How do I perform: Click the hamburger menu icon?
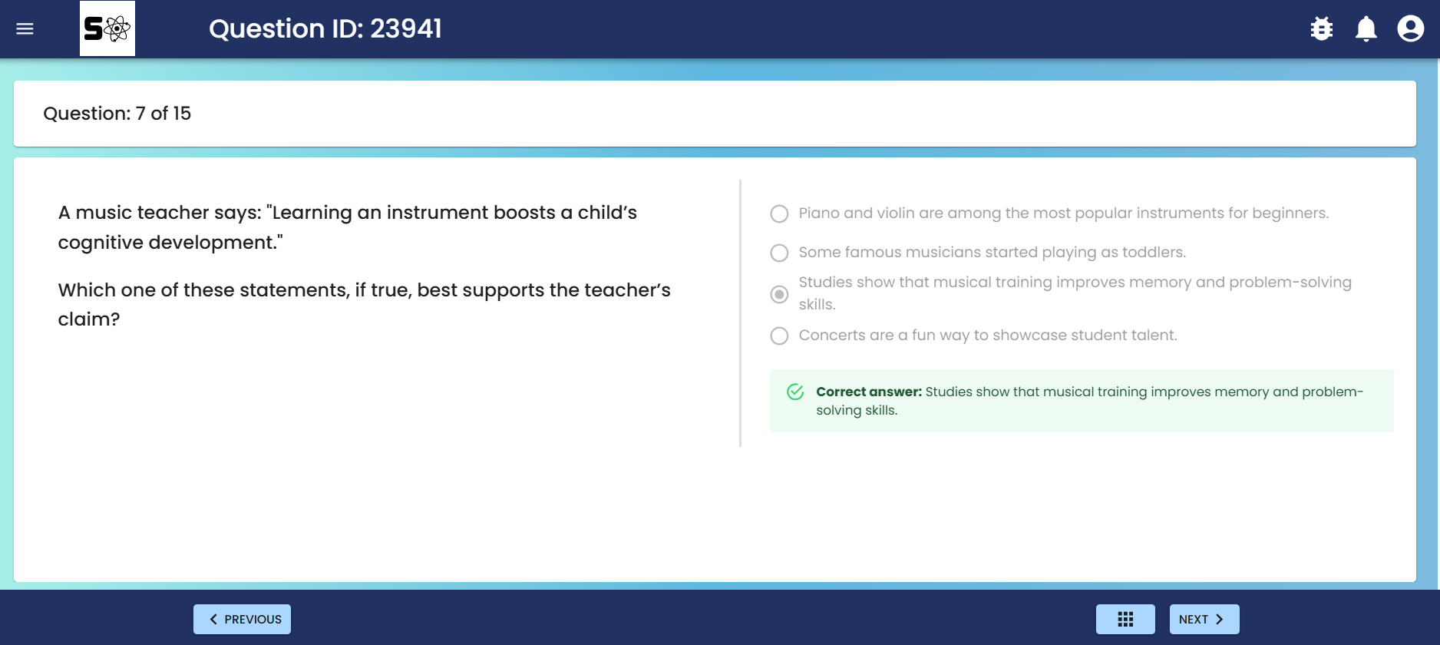[x=25, y=29]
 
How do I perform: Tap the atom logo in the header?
[x=107, y=28]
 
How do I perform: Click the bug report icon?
[x=1322, y=29]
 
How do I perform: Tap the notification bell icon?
[x=1366, y=29]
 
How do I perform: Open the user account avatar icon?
[x=1411, y=29]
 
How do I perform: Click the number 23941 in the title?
[x=406, y=28]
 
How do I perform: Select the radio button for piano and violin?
[x=779, y=213]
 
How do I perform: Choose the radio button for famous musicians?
[x=779, y=253]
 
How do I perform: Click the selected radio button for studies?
[x=779, y=294]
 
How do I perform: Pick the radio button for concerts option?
[x=779, y=336]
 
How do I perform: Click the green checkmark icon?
[x=795, y=392]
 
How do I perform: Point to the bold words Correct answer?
[x=869, y=392]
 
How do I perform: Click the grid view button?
[x=1125, y=619]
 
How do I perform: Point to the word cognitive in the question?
[x=101, y=243]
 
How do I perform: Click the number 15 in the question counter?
[x=182, y=114]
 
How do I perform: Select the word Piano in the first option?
[x=819, y=213]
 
